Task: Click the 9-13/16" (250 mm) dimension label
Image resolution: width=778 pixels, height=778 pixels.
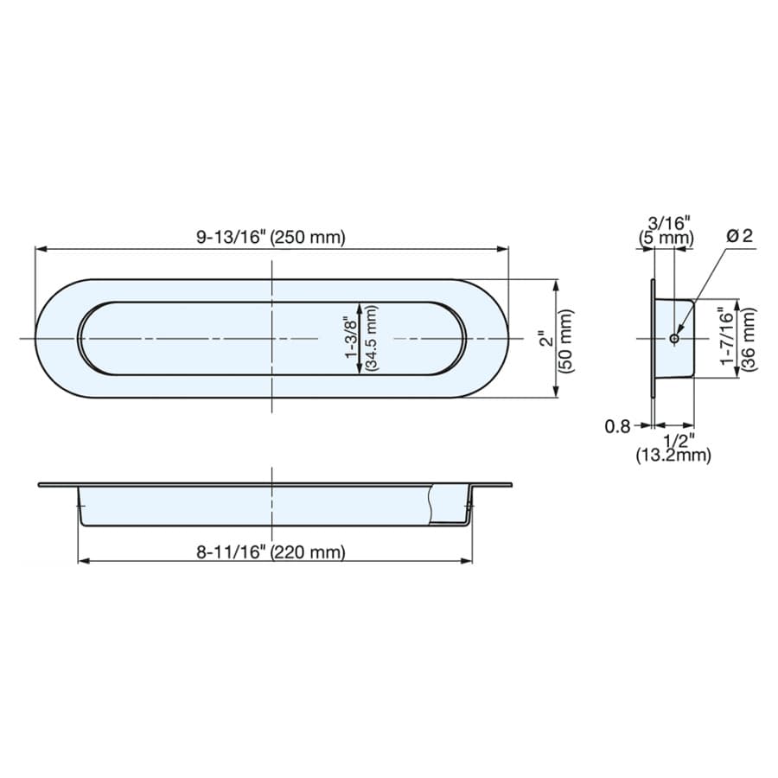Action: coord(271,237)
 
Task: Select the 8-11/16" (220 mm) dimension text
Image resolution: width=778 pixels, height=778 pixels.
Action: coord(271,552)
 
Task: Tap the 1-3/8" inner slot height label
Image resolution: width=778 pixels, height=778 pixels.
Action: coord(352,339)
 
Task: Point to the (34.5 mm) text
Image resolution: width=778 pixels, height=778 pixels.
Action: coord(371,338)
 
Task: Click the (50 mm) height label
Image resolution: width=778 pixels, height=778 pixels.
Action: coord(566,341)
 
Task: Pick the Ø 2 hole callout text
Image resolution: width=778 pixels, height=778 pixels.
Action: coord(740,236)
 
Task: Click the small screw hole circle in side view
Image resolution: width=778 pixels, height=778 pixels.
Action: coord(673,338)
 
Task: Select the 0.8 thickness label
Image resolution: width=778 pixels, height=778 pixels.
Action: coord(617,426)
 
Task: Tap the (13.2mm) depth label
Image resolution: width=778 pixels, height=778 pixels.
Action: coord(673,455)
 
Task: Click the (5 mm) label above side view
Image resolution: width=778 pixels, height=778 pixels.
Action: coord(666,238)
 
